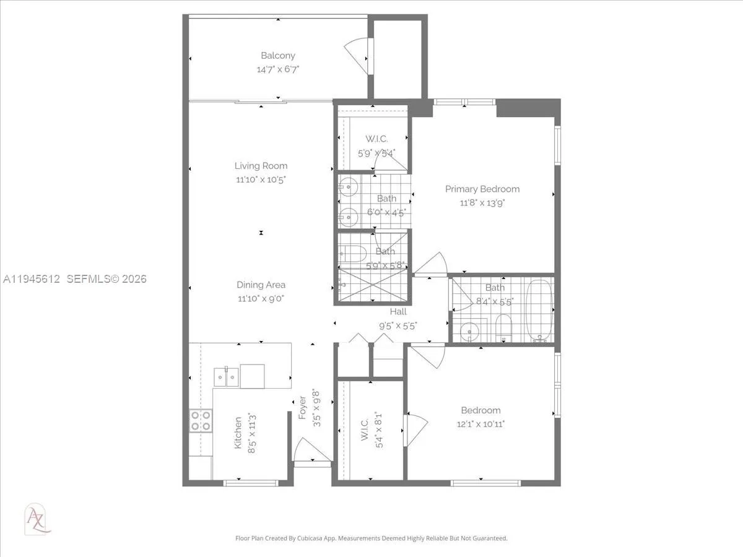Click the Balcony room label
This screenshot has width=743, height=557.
click(277, 56)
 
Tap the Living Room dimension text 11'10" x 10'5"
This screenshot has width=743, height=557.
click(261, 179)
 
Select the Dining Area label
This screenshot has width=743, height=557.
click(261, 285)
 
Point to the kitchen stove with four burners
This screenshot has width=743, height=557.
click(201, 421)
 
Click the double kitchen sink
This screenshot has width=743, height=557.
click(226, 376)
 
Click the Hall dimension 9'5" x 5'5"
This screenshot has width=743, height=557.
click(398, 325)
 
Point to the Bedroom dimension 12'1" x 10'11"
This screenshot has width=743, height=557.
click(480, 424)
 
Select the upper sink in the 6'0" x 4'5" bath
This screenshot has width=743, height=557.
click(348, 186)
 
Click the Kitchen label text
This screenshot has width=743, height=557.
click(238, 433)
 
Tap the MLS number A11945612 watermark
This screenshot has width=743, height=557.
click(31, 279)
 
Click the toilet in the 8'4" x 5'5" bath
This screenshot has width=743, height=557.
click(503, 328)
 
